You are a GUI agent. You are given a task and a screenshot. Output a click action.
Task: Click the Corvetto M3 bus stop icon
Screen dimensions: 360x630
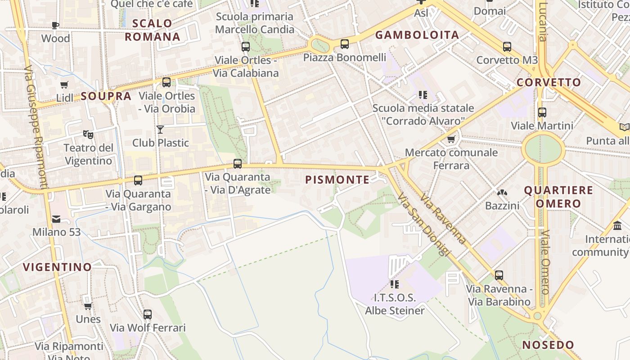(x=507, y=46)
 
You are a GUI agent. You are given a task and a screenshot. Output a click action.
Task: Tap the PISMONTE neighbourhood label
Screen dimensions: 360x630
(x=337, y=180)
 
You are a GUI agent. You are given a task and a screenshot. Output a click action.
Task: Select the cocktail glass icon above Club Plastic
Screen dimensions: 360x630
(x=160, y=130)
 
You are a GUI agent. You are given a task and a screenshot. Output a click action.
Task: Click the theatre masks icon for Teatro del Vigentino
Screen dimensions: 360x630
(x=88, y=134)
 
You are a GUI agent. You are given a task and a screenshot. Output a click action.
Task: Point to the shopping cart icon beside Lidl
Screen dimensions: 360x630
(x=64, y=85)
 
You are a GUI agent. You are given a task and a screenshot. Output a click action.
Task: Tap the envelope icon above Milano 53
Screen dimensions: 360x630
(x=56, y=219)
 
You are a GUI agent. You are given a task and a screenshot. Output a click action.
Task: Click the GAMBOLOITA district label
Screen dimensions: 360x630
(x=417, y=35)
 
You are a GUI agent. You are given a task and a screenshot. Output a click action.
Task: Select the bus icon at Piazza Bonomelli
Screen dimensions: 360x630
(x=345, y=44)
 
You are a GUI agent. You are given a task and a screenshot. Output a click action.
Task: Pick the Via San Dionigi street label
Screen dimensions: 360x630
(x=424, y=225)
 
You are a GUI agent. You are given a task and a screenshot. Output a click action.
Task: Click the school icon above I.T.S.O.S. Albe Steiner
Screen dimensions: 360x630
(x=395, y=284)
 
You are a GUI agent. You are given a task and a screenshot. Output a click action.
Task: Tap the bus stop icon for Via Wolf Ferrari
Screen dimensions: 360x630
(x=148, y=315)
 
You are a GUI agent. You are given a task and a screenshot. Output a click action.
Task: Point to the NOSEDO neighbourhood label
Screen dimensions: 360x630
(x=548, y=345)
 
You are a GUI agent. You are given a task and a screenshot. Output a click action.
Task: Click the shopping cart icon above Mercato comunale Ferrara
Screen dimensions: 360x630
(x=451, y=139)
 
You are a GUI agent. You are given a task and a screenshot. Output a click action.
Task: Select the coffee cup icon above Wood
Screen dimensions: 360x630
(x=56, y=25)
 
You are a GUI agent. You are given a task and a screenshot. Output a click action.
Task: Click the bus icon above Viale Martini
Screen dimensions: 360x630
(x=542, y=112)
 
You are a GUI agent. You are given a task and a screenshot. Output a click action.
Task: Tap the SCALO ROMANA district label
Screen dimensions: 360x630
(x=153, y=30)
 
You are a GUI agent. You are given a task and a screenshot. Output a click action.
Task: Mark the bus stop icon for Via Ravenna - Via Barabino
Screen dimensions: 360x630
(x=499, y=275)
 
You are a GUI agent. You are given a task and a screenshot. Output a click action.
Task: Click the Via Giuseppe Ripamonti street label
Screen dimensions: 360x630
(x=36, y=126)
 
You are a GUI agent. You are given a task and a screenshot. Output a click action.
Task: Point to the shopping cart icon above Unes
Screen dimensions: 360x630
(x=88, y=306)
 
